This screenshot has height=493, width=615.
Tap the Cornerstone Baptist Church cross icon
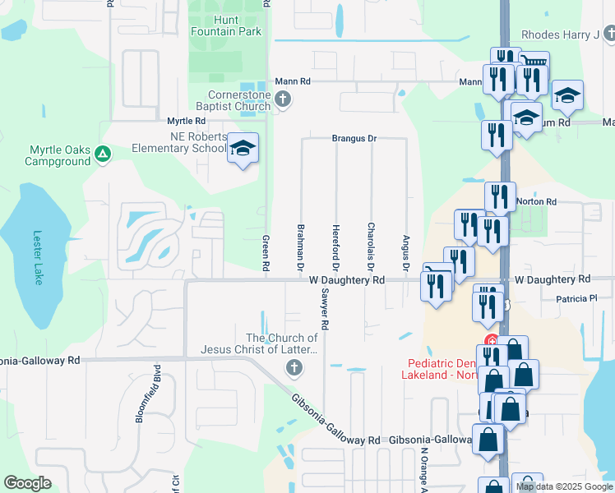(x=283, y=99)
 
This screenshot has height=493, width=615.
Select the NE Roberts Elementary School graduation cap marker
(x=243, y=148)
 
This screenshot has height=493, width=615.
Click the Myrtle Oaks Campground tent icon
(x=102, y=154)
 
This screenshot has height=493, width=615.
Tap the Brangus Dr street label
(x=354, y=139)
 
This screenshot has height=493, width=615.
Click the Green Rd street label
(x=266, y=252)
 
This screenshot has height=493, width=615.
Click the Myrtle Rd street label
(x=186, y=121)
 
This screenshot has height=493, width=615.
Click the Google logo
(x=27, y=483)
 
